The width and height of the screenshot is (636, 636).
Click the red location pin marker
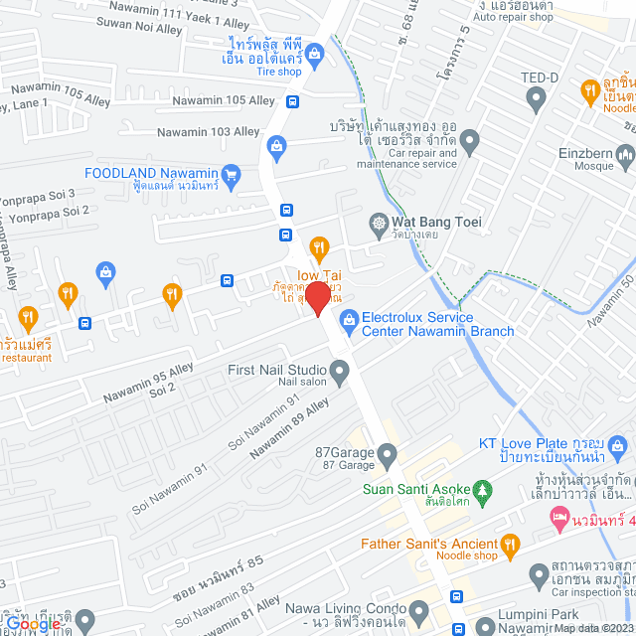tap(317, 296)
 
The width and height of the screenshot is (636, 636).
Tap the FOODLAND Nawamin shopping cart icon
tap(232, 173)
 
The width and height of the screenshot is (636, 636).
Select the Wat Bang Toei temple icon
tap(379, 223)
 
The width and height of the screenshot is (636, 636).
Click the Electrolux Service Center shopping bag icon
tap(348, 319)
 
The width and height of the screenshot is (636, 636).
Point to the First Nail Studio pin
tap(339, 375)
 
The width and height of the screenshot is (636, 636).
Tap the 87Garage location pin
tap(387, 454)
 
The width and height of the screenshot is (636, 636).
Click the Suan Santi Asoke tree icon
tap(483, 489)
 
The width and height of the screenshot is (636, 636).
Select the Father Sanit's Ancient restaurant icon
tap(511, 544)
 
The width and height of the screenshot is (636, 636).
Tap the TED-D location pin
tap(537, 98)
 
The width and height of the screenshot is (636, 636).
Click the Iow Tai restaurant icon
tap(319, 247)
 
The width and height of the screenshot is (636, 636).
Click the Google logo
tap(33, 624)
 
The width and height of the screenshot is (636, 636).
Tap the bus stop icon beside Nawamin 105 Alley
tap(292, 101)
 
